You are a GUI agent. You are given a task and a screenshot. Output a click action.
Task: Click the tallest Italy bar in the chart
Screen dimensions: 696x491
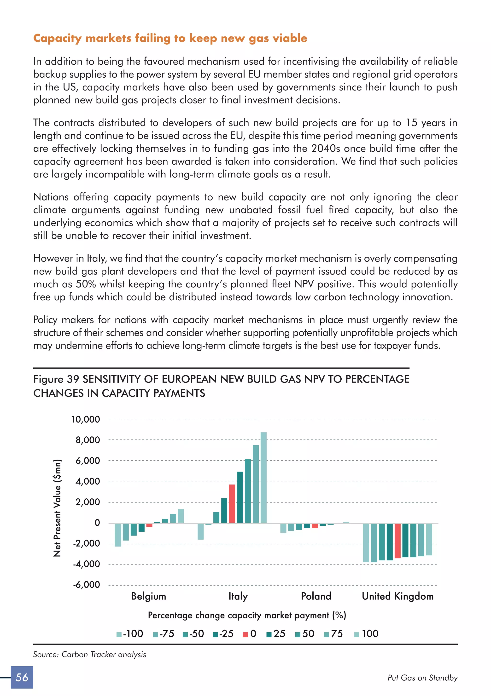coord(263,477)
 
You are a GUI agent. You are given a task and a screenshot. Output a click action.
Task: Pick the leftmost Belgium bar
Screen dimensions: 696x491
coord(118,535)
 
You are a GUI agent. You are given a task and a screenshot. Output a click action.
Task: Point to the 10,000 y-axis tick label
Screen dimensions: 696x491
coord(85,420)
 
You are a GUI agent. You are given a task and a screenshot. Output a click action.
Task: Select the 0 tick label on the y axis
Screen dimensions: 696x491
coord(97,523)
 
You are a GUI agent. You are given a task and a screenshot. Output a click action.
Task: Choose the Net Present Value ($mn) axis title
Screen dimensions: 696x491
coord(57,508)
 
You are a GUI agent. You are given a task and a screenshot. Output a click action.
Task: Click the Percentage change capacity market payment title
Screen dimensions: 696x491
coord(247,615)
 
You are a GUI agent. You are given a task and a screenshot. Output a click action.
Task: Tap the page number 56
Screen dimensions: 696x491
coord(22,678)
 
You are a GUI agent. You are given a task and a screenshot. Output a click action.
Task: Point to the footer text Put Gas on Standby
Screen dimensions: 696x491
coord(422,678)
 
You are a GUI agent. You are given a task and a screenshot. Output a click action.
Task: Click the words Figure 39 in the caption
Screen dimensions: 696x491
coord(56,379)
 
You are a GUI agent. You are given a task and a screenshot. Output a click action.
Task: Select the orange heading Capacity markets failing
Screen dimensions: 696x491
coord(170,38)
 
